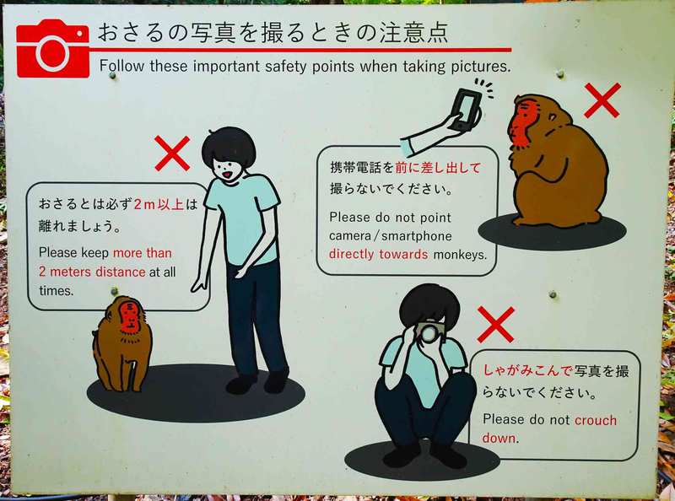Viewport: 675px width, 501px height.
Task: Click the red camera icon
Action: [53, 48]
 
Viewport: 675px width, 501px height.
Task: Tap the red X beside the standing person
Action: [172, 154]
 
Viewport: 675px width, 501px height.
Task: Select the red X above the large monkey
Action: [602, 100]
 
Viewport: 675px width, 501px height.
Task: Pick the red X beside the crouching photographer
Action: [496, 325]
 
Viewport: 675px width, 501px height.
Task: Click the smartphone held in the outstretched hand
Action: [467, 110]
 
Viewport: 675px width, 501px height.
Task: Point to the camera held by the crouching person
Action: [429, 331]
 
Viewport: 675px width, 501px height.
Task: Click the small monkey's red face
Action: [130, 318]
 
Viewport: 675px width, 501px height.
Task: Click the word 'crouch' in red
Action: [596, 420]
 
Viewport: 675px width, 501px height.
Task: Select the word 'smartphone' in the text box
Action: [417, 236]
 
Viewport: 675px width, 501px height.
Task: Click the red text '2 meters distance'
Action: [92, 272]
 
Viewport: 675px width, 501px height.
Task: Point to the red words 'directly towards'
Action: [378, 255]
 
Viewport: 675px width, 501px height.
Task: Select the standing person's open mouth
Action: [227, 175]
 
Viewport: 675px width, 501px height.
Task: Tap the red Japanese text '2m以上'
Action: [159, 204]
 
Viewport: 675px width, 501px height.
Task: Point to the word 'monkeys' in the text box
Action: [459, 255]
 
